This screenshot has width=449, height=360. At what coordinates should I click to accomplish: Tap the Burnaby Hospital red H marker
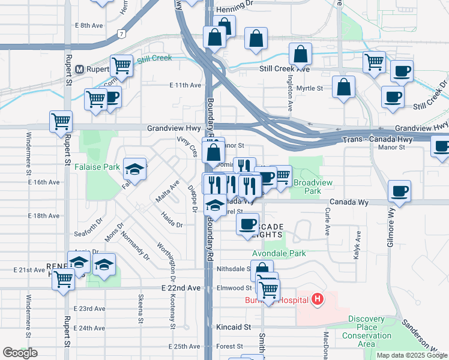pos(318,298)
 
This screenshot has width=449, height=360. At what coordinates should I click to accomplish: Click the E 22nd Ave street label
pos(181,288)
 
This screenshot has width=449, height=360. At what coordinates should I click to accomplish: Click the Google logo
pos(20,353)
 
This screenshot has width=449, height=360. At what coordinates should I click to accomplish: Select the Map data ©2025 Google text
pos(412,355)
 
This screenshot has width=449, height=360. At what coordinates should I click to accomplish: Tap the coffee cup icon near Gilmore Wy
pos(399,191)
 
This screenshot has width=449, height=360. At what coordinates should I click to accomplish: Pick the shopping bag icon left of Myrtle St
pos(343,88)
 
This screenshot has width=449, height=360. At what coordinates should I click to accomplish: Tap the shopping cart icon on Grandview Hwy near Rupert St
pos(61,121)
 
